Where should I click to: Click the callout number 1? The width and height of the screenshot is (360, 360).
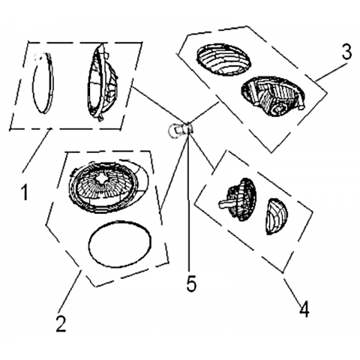[25, 192]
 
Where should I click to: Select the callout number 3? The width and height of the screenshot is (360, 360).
[346, 52]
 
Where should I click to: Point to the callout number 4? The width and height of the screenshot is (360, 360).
[304, 309]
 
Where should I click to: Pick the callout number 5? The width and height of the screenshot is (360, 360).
[192, 283]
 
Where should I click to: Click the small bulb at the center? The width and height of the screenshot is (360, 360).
[180, 129]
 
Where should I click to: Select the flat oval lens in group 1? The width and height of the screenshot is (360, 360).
[43, 83]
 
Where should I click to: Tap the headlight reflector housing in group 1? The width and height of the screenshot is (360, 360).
[102, 82]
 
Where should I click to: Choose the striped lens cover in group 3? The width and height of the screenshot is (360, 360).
[223, 59]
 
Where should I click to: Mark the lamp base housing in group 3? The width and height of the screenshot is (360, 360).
[273, 97]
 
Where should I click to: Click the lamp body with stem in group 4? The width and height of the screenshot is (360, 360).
[238, 199]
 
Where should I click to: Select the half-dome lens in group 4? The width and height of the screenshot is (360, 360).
[277, 217]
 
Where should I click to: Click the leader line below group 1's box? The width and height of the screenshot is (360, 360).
[36, 151]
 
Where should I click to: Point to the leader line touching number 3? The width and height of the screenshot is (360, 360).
[331, 72]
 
